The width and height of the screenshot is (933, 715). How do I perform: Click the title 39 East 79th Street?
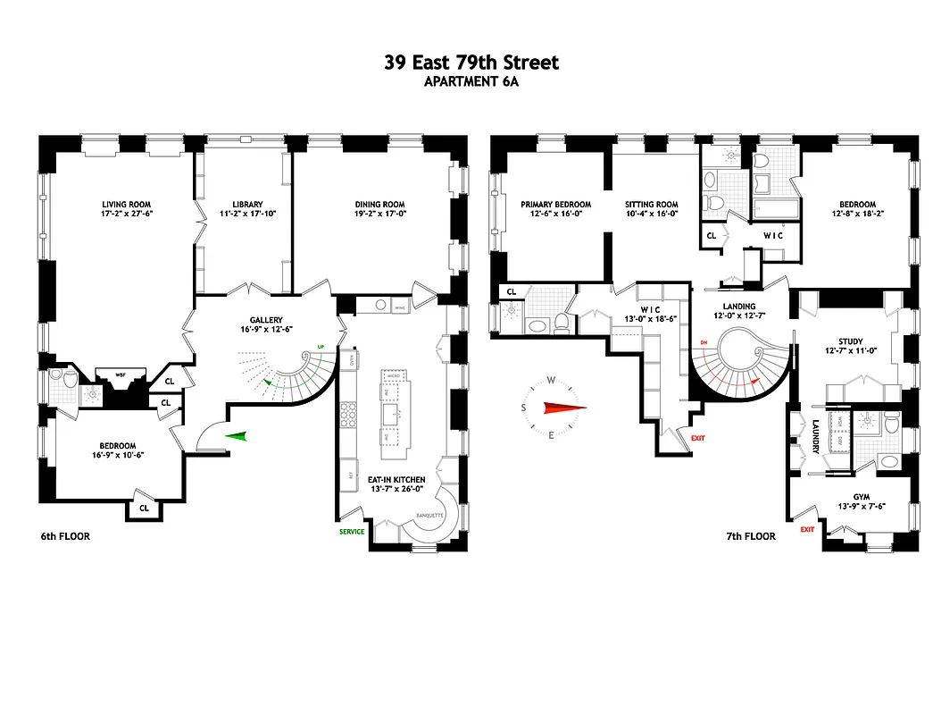pos(471,63)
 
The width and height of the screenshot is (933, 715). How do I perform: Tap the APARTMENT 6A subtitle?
pos(471,81)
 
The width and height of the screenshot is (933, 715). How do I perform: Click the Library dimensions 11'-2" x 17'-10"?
pos(241,214)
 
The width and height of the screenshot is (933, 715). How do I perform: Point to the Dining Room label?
pos(380,204)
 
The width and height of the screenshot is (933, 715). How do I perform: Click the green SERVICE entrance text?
pos(351,532)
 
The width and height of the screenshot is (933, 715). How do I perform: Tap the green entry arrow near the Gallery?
pos(236,436)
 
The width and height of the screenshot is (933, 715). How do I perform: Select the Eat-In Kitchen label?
pos(396,480)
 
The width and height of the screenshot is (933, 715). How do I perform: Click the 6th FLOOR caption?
pos(65,536)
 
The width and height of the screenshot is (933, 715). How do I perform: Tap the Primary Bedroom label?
pos(555,204)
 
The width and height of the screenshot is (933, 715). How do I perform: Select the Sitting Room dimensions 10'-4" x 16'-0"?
pos(652,214)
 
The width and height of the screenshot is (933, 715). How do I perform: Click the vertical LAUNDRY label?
pos(816,436)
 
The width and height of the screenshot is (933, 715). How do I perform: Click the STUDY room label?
pos(850,341)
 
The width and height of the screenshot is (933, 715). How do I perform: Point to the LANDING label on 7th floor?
pos(739,306)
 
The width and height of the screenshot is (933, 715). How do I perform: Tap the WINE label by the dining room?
pos(399,306)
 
